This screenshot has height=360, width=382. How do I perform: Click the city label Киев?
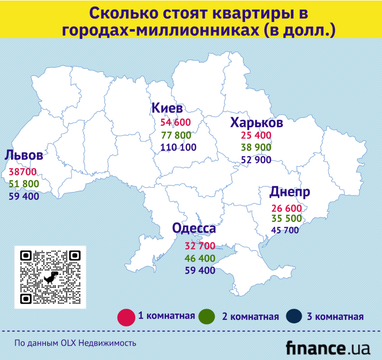pos(168,107)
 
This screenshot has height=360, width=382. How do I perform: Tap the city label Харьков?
pos(256,121)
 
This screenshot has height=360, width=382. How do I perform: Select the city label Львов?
pos(24,157)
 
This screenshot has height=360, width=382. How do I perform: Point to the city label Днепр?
pos(289,192)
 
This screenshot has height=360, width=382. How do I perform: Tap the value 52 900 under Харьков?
pos(257,160)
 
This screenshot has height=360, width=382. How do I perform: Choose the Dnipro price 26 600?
pos(285,207)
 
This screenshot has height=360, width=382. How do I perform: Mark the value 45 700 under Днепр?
pos(285,231)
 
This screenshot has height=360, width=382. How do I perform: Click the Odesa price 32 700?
pos(199,245)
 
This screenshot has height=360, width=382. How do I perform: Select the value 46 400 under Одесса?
pos(199,258)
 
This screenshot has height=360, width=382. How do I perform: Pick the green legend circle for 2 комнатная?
pos(208,317)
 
